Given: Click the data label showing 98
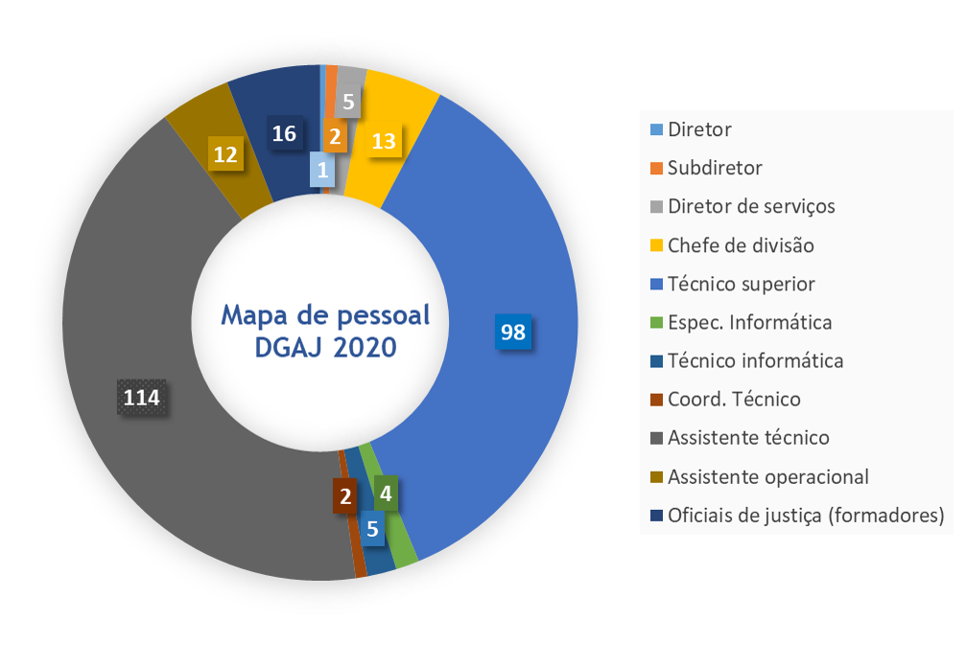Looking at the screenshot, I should [513, 332].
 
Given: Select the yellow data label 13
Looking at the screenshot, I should [383, 141].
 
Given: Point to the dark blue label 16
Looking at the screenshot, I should [283, 133].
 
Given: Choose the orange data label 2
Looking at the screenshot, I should [335, 137].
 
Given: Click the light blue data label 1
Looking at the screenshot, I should [321, 172].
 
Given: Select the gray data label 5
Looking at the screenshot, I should [348, 101].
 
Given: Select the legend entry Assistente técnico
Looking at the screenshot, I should [748, 438].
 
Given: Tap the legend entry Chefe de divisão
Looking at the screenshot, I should [741, 245].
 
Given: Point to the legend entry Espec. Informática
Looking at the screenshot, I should [749, 322].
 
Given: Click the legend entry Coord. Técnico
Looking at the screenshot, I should [734, 400].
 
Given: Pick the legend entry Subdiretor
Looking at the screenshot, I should [715, 168].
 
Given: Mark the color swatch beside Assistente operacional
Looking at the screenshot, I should [655, 477].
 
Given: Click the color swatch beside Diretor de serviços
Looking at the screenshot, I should [655, 207].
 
